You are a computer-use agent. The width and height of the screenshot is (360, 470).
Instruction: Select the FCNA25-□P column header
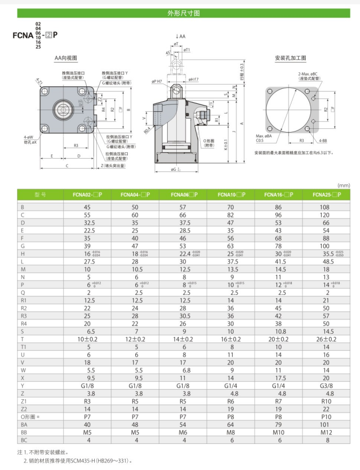[326, 195]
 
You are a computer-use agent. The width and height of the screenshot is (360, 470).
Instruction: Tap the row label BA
[24, 424]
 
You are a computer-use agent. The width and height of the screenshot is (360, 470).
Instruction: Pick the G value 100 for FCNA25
[326, 246]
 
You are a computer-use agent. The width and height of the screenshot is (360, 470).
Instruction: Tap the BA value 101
[326, 424]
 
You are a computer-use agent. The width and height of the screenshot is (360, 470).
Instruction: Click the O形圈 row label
[29, 416]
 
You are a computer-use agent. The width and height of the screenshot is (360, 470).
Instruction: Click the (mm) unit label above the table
[343, 185]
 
